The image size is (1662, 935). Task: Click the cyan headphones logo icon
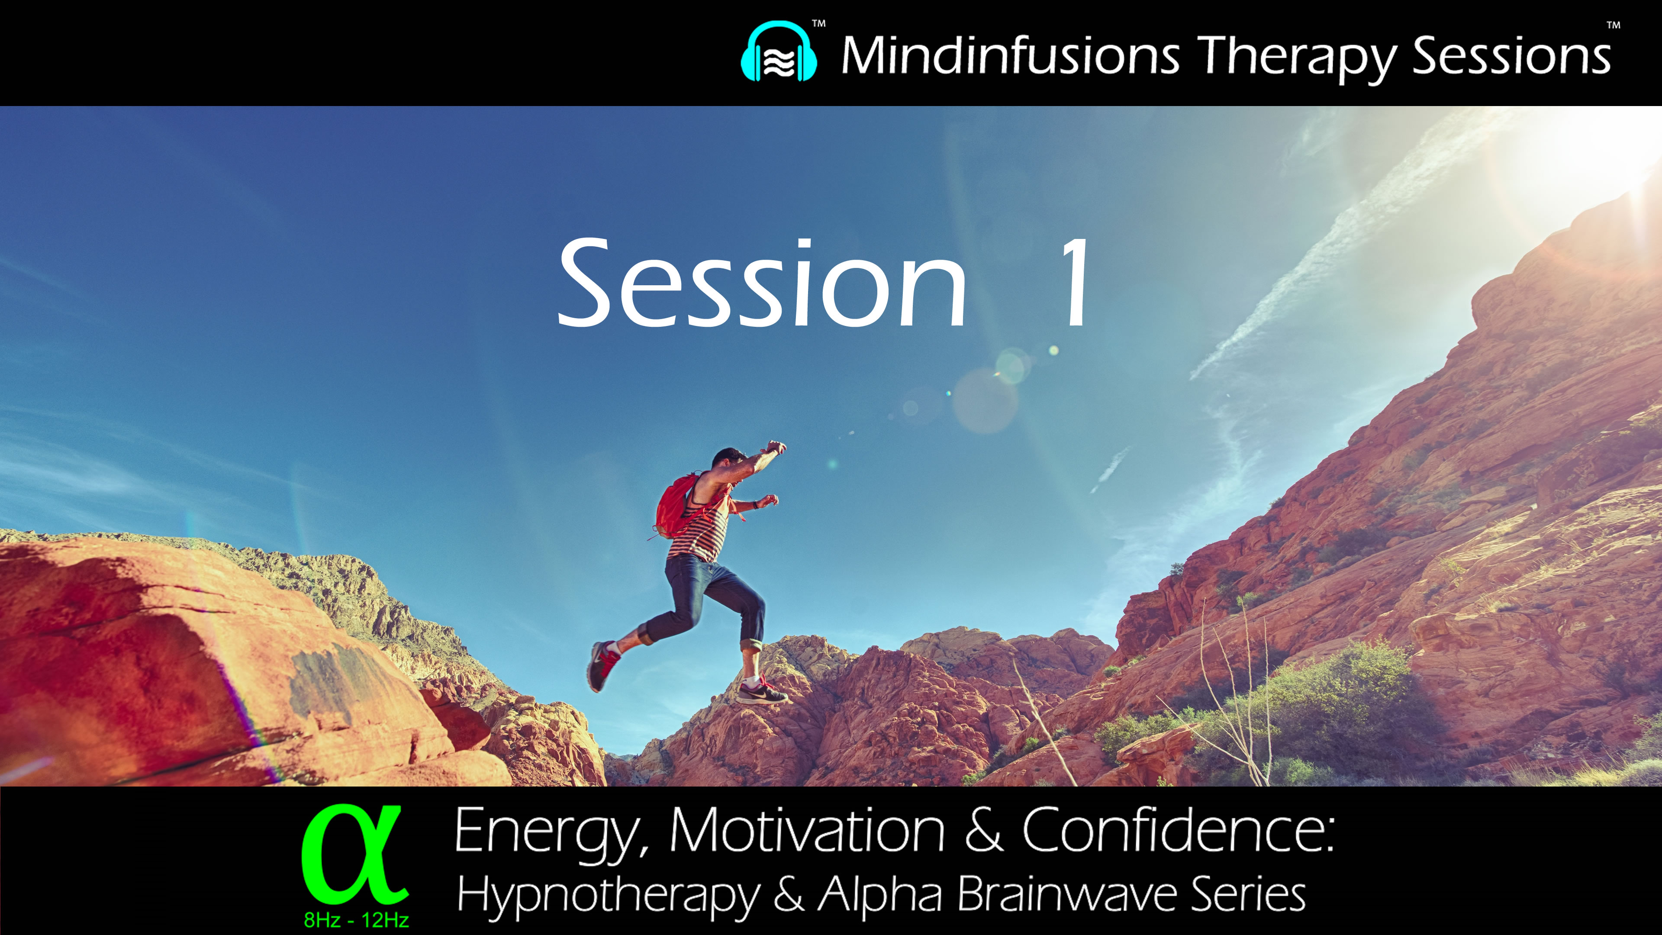click(779, 53)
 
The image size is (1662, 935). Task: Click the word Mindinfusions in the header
click(1010, 55)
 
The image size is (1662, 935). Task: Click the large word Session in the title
click(761, 284)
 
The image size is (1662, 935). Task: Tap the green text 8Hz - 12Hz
click(356, 919)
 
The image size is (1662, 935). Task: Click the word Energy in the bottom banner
click(552, 832)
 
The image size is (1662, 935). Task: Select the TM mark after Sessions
click(1613, 26)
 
